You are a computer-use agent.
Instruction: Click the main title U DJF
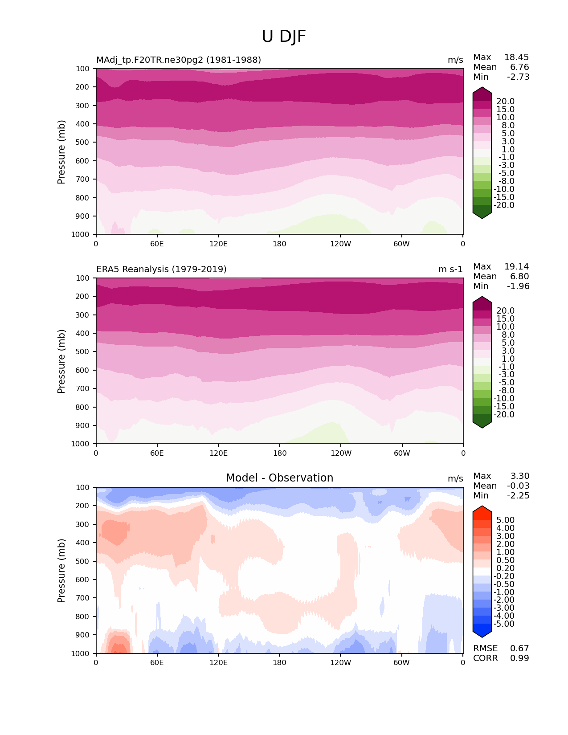[284, 37]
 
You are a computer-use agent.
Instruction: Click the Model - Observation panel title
[279, 478]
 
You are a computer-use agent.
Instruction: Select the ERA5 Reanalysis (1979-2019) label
[161, 269]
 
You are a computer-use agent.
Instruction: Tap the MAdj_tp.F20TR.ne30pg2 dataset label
[179, 60]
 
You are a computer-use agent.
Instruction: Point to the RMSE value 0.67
[519, 649]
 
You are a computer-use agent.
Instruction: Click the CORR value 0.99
[519, 658]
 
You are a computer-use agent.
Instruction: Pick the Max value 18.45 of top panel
[516, 57]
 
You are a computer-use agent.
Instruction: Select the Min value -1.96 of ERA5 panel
[518, 286]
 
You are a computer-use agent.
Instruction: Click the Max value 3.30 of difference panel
[520, 476]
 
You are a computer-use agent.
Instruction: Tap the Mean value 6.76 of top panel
[519, 67]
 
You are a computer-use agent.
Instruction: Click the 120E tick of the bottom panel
[218, 663]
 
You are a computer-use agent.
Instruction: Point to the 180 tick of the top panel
[279, 244]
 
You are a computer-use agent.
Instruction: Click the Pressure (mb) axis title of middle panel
[61, 361]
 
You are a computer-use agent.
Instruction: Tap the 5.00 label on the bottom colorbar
[505, 520]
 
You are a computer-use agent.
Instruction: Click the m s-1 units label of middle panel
[450, 269]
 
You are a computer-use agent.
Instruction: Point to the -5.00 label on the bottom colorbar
[504, 624]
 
